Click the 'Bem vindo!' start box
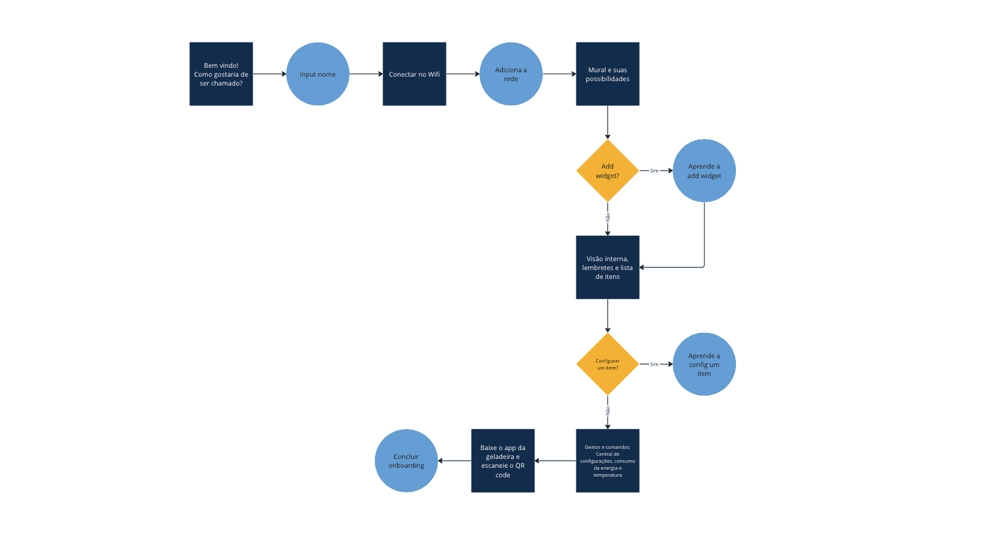click(x=221, y=74)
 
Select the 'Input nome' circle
click(x=318, y=74)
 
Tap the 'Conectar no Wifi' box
click(x=414, y=74)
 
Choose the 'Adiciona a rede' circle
click(x=511, y=74)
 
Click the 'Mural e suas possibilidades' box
click(x=607, y=74)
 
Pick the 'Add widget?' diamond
click(x=607, y=171)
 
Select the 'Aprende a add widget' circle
click(x=704, y=171)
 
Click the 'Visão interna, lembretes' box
click(x=607, y=267)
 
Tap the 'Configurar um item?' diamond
click(x=607, y=364)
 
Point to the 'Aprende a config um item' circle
click(x=704, y=364)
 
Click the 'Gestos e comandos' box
click(x=607, y=461)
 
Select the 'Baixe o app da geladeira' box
click(x=503, y=461)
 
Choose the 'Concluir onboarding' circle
click(x=407, y=461)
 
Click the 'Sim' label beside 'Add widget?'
click(x=654, y=171)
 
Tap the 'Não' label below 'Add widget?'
click(x=608, y=217)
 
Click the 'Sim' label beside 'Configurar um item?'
click(x=654, y=364)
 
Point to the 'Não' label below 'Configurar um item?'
click(x=608, y=411)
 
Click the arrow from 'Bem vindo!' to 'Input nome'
click(x=269, y=74)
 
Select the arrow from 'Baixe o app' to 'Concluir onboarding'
click(x=455, y=461)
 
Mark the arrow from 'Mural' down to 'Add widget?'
click(x=608, y=122)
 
